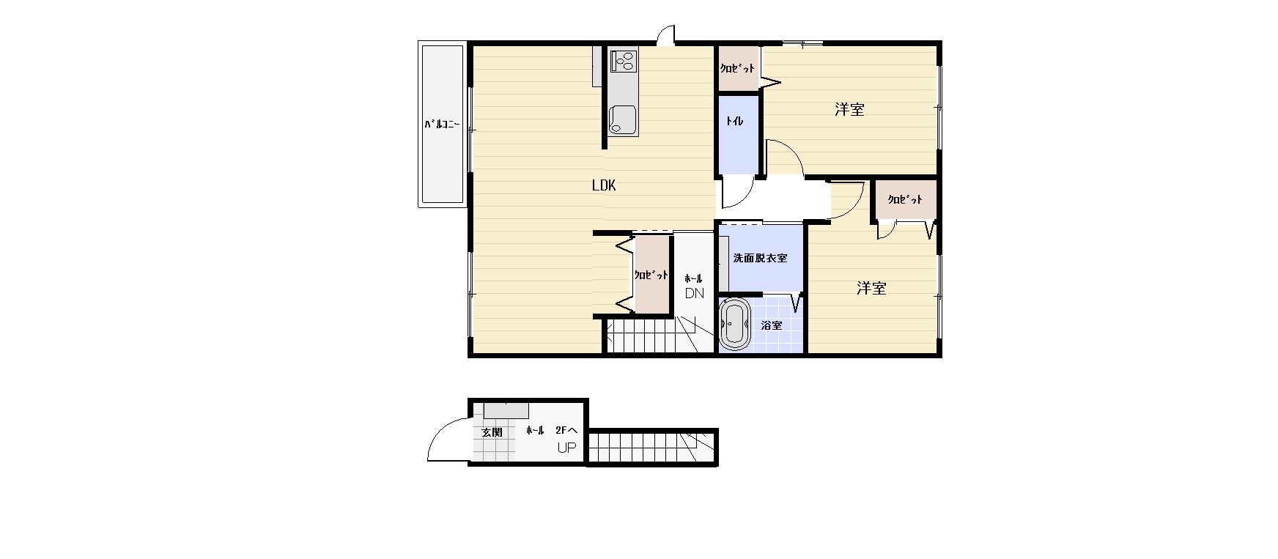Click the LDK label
click(x=604, y=185)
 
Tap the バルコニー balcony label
click(x=442, y=124)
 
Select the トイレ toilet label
click(x=734, y=121)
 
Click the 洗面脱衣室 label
click(x=760, y=258)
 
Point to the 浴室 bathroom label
click(x=771, y=325)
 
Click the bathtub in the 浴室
click(x=734, y=323)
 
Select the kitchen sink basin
click(x=623, y=119)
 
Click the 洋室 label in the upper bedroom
click(x=849, y=110)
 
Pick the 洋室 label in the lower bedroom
click(x=871, y=289)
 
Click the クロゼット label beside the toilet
click(x=737, y=68)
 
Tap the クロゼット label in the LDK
click(x=651, y=275)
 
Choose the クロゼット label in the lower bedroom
click(x=905, y=199)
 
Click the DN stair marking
click(x=694, y=293)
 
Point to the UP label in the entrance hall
click(x=567, y=448)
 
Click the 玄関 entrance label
click(x=492, y=432)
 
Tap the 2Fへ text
click(x=566, y=431)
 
